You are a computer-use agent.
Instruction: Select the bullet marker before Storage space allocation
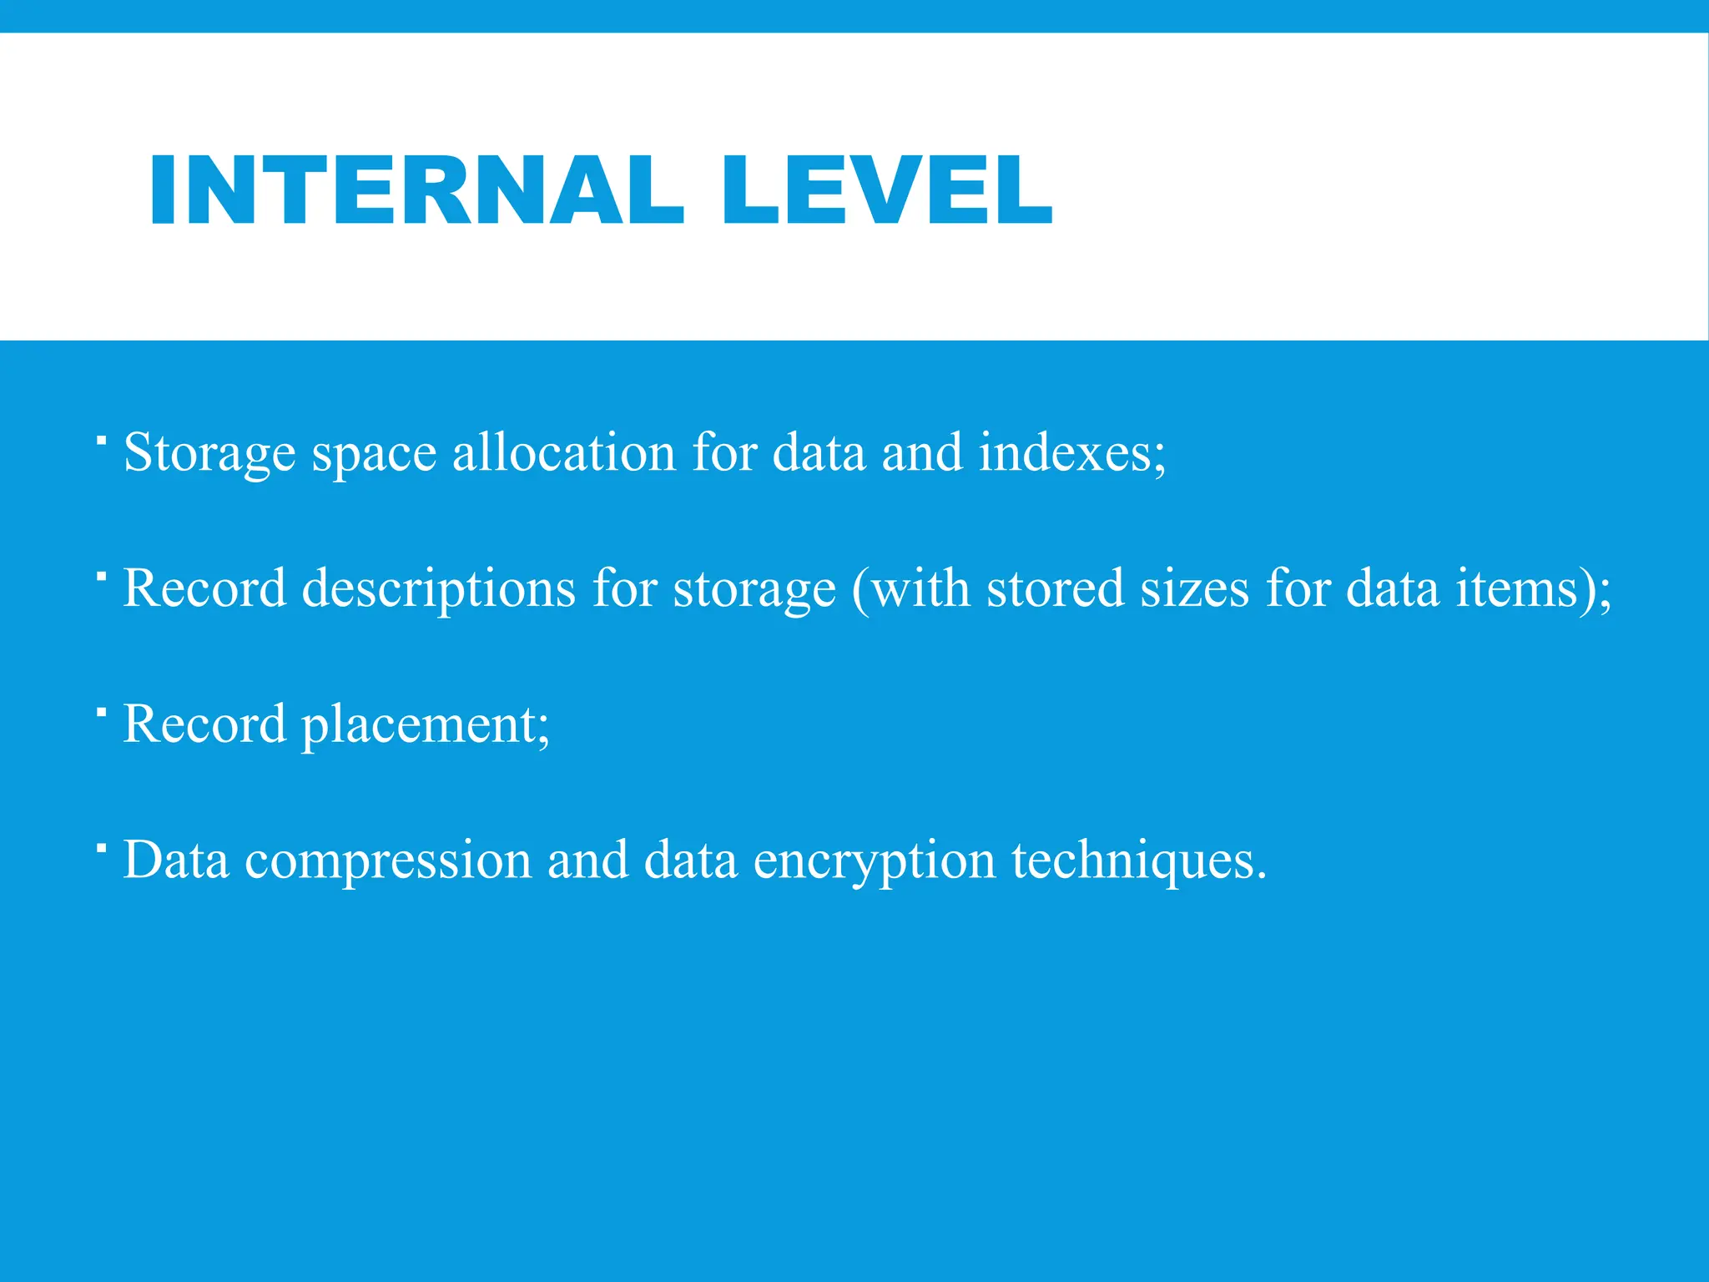click(100, 439)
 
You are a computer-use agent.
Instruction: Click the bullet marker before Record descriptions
click(100, 575)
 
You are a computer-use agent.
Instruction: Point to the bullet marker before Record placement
click(100, 711)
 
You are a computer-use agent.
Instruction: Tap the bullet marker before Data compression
click(100, 847)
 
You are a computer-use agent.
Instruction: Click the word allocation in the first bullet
click(564, 452)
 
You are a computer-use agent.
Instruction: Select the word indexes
click(1069, 452)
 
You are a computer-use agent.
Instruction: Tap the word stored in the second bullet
click(1055, 588)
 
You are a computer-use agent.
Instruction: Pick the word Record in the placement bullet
click(204, 724)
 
